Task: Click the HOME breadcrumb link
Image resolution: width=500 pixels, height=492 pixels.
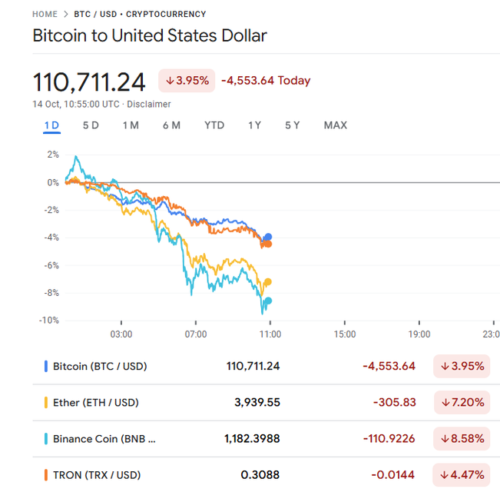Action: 45,14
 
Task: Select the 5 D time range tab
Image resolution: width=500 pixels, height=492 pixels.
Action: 91,125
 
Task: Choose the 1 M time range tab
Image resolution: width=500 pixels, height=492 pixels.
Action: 131,125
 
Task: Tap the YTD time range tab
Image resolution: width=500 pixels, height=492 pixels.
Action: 214,125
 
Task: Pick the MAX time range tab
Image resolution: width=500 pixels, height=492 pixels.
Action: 335,125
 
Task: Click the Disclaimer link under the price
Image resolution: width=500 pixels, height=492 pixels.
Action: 149,105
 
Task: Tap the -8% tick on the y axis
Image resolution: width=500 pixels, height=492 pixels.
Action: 50,293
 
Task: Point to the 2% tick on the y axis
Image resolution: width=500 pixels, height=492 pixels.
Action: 52,155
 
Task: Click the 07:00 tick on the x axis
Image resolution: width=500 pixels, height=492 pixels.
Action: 196,334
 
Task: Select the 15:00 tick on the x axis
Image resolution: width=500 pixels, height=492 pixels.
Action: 344,334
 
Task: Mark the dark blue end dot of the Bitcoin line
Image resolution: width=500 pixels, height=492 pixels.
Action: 268,237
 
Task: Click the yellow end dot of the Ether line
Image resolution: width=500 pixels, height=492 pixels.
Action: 268,282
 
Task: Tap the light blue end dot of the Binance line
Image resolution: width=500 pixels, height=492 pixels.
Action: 268,301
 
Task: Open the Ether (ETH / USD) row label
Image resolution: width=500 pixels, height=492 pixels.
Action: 95,403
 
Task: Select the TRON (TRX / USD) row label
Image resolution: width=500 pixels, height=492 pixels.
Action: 97,475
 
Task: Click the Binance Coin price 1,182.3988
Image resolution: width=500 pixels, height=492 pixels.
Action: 252,439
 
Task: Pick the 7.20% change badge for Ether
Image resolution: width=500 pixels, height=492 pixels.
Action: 462,403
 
